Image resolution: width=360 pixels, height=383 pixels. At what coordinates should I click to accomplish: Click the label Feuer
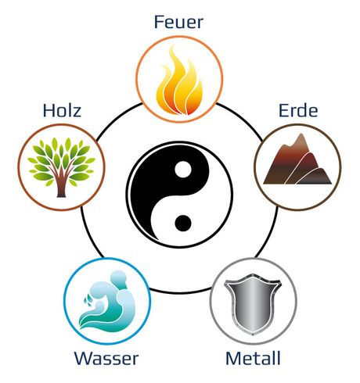click(x=178, y=22)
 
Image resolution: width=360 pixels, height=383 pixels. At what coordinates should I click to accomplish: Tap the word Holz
click(x=62, y=110)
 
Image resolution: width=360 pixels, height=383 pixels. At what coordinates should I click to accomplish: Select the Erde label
click(x=298, y=110)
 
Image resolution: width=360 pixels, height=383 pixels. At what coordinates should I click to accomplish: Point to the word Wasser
click(x=106, y=358)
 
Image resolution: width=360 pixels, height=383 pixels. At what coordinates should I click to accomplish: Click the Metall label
click(x=254, y=358)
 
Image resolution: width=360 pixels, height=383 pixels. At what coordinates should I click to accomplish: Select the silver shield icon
click(x=253, y=304)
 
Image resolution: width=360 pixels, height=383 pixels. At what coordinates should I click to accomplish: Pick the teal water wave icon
click(x=110, y=302)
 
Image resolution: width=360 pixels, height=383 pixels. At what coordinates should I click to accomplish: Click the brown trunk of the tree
click(x=62, y=186)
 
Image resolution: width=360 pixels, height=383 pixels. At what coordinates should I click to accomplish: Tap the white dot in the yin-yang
click(x=183, y=170)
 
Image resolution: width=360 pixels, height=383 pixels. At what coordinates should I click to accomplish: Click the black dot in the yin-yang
click(x=183, y=223)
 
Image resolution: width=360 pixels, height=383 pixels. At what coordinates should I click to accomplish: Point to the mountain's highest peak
click(x=301, y=134)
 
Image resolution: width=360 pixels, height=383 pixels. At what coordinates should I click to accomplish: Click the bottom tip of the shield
click(x=253, y=335)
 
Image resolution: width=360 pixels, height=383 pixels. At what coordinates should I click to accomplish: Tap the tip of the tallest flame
click(x=171, y=46)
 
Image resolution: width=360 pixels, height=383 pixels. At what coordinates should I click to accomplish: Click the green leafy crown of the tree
click(x=61, y=160)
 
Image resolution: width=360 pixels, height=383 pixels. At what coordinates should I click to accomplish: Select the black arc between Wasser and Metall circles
click(x=180, y=292)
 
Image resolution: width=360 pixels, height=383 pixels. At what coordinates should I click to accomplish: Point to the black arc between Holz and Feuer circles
click(x=117, y=119)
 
